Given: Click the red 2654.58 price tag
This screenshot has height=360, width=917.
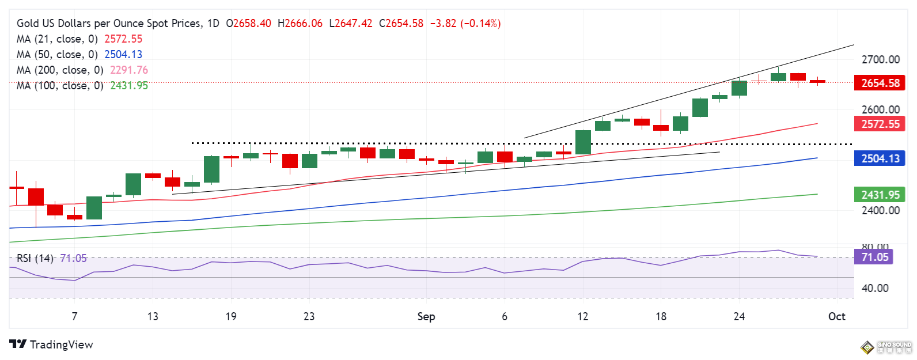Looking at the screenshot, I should [x=880, y=83].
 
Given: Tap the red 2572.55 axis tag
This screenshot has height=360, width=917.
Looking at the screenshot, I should [x=880, y=124].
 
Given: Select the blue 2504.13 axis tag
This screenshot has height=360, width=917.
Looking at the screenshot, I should [x=880, y=158].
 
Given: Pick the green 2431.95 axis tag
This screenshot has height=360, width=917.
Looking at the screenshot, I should [x=880, y=195].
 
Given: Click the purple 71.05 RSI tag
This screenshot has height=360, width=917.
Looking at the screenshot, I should [x=874, y=257].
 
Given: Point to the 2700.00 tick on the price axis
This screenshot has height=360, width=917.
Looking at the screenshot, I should [x=880, y=59].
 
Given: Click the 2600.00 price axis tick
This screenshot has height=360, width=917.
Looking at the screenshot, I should [x=880, y=109].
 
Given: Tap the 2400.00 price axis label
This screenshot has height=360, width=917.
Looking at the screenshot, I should [x=880, y=210].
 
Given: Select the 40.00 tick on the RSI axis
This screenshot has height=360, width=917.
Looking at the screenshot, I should [x=874, y=288].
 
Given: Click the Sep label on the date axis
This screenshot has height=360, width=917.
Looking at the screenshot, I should [x=426, y=316].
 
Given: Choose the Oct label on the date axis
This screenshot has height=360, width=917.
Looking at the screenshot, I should [x=836, y=316].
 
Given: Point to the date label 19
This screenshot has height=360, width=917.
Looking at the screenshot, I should [x=231, y=316].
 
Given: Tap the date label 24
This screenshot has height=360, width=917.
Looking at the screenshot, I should [x=739, y=316].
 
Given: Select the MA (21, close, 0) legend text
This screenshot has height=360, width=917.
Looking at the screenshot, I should [x=57, y=39].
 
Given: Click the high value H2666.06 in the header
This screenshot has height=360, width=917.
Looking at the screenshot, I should [x=300, y=24].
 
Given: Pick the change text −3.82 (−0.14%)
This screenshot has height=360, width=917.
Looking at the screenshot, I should [x=465, y=24].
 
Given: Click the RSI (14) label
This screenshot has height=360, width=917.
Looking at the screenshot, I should [x=35, y=258].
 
